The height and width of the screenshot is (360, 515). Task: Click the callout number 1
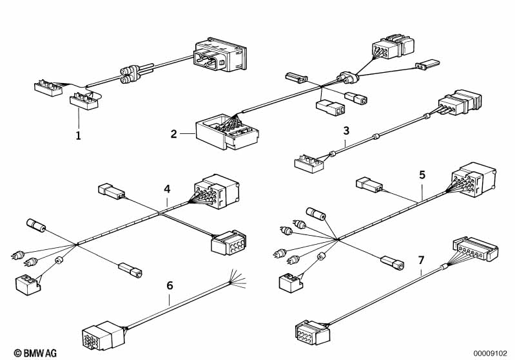78,137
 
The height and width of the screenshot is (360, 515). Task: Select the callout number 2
174,134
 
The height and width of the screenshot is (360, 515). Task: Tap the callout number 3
346,131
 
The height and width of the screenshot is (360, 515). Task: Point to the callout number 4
167,189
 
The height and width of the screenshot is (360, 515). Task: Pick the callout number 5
422,175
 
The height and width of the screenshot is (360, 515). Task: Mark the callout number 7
421,261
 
